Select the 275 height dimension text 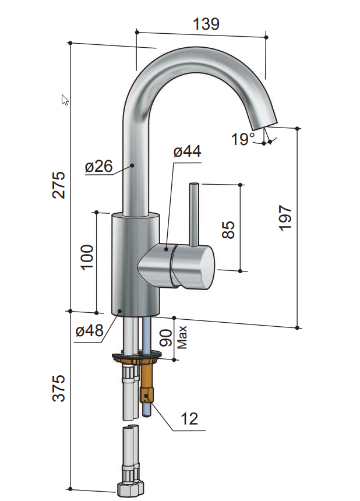[59, 185]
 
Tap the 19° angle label [242, 139]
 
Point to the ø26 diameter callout [98, 167]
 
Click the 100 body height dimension [87, 257]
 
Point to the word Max [182, 337]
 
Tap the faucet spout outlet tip [262, 122]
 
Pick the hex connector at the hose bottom [129, 488]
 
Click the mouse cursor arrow [65, 100]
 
